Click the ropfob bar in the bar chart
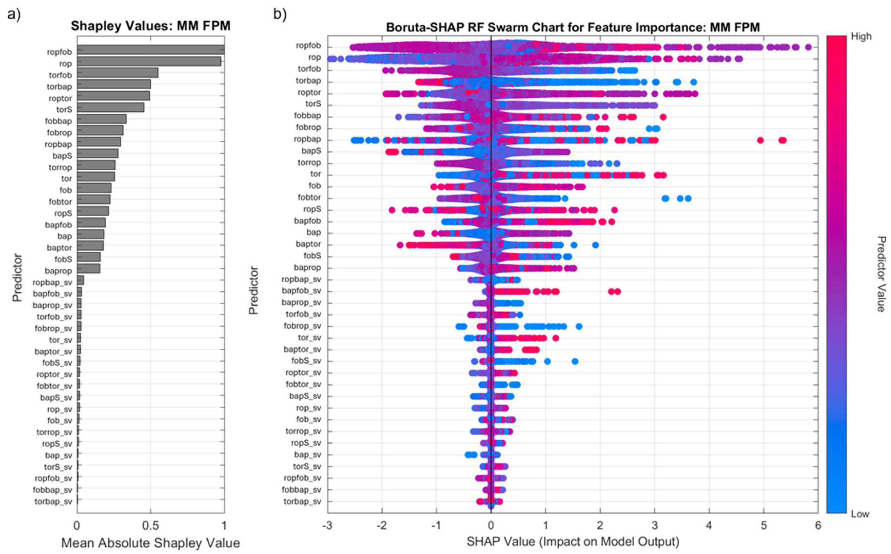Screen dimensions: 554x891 (x=150, y=49)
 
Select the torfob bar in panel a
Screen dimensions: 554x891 (x=117, y=73)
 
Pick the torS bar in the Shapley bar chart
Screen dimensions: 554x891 (x=110, y=107)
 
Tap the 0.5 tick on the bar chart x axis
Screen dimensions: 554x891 (x=150, y=526)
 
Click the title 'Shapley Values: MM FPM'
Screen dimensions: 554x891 (x=150, y=26)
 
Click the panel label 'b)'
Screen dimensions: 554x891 (x=280, y=15)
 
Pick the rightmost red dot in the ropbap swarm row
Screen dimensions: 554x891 (x=782, y=140)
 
